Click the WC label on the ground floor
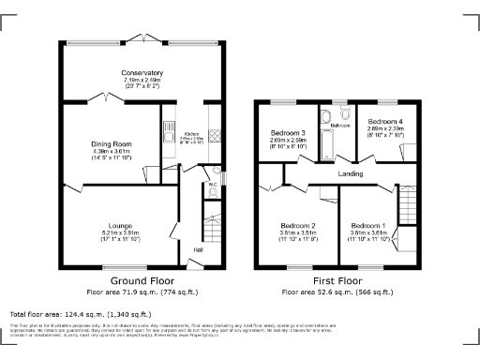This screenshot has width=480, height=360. [213, 185]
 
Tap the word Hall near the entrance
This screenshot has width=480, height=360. [198, 249]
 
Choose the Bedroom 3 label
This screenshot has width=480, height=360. [288, 133]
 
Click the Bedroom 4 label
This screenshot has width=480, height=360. [384, 122]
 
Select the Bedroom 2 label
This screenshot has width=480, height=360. [299, 225]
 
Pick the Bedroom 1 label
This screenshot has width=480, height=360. [367, 226]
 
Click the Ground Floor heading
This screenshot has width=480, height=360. [142, 280]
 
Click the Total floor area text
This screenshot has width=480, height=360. [80, 314]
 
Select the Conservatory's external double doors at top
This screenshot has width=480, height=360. [142, 37]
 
